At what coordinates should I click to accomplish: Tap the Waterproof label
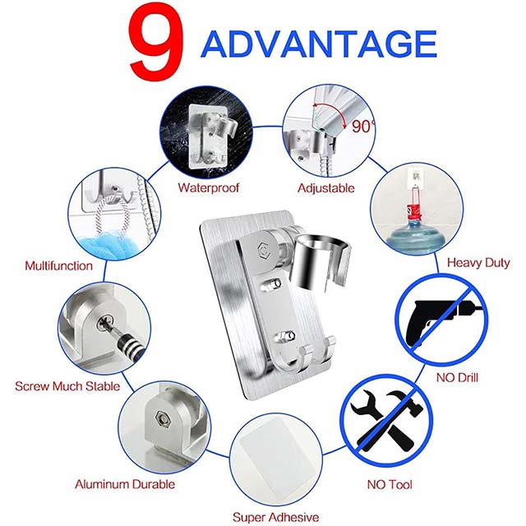[209, 187]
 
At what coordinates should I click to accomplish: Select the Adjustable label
[326, 187]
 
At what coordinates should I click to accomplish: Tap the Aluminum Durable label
[125, 484]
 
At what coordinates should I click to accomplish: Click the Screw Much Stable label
[67, 385]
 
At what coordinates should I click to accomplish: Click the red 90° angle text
[361, 127]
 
